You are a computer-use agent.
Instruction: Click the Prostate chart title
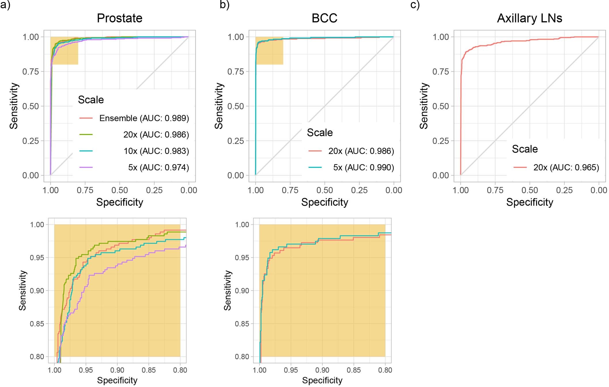pos(120,18)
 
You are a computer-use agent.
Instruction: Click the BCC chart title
pos(324,18)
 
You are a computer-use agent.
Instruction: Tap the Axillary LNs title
pos(529,18)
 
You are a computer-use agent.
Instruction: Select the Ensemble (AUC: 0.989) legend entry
pos(144,118)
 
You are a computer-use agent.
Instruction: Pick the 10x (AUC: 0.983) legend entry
pos(156,151)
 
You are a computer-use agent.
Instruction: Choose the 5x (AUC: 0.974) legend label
pos(158,168)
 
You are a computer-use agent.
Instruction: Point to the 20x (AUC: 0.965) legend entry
pos(566,168)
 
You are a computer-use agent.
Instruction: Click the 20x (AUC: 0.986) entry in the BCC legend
pos(361,151)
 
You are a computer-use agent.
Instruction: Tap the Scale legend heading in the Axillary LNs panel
pos(525,149)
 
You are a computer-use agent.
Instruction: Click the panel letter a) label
pos(5,5)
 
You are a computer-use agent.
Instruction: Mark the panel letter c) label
pos(415,5)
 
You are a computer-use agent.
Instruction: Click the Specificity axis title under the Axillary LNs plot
pos(529,202)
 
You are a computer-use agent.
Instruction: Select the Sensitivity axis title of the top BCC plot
pos(219,106)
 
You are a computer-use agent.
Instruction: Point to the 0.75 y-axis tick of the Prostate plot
pos(31,72)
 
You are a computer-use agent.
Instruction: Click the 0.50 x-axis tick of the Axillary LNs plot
pos(529,190)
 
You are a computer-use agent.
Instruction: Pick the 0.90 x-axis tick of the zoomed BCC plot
pos(322,370)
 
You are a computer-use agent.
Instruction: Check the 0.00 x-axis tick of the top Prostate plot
pos(189,190)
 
